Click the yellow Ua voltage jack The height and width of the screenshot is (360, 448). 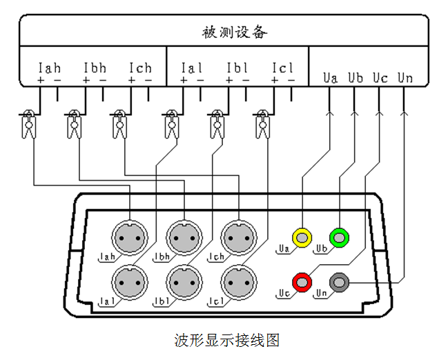click(302, 237)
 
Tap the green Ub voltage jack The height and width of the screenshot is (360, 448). click(339, 237)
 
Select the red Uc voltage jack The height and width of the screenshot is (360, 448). click(302, 281)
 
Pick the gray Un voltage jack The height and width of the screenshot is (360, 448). click(339, 281)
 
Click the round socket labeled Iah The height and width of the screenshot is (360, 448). click(130, 237)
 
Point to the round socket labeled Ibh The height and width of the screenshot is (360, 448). click(183, 237)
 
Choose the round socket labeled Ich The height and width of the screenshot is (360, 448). click(237, 237)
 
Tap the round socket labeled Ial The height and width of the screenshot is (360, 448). click(130, 281)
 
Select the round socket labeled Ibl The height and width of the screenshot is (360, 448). click(183, 281)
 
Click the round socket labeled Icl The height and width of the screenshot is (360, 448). click(237, 281)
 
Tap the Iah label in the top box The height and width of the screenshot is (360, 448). click(49, 68)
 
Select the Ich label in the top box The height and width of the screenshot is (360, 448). click(140, 68)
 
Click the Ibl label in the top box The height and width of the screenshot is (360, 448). click(237, 68)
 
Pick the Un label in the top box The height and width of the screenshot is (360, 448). click(405, 77)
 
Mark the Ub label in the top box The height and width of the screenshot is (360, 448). click(356, 77)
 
